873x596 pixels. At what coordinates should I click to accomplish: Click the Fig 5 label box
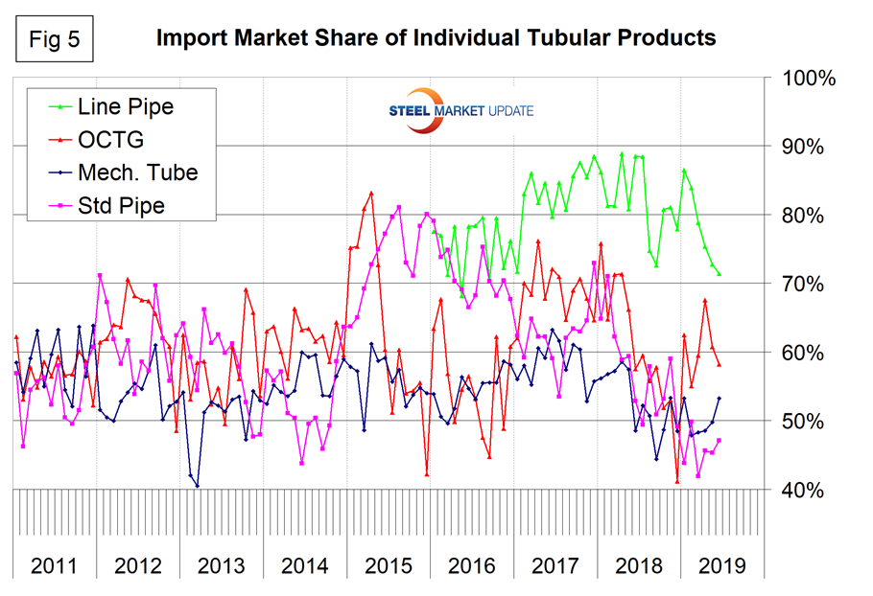49,37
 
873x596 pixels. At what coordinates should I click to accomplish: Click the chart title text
436,38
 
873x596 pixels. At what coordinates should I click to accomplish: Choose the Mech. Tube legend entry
134,172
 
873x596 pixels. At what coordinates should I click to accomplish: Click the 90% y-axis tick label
810,147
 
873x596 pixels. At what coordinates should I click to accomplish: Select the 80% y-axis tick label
810,216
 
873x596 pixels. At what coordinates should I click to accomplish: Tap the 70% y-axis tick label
810,285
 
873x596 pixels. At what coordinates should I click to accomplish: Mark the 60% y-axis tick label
810,353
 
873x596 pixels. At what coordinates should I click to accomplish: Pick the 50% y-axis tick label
810,422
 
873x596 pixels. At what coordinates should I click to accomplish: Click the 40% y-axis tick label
810,491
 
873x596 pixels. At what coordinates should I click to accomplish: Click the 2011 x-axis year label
54,564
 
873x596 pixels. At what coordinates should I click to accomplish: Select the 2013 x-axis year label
222,564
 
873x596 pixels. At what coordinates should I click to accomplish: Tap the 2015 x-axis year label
389,564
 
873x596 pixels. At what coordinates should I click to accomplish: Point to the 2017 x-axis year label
555,564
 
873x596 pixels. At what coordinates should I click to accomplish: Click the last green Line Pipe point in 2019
719,275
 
